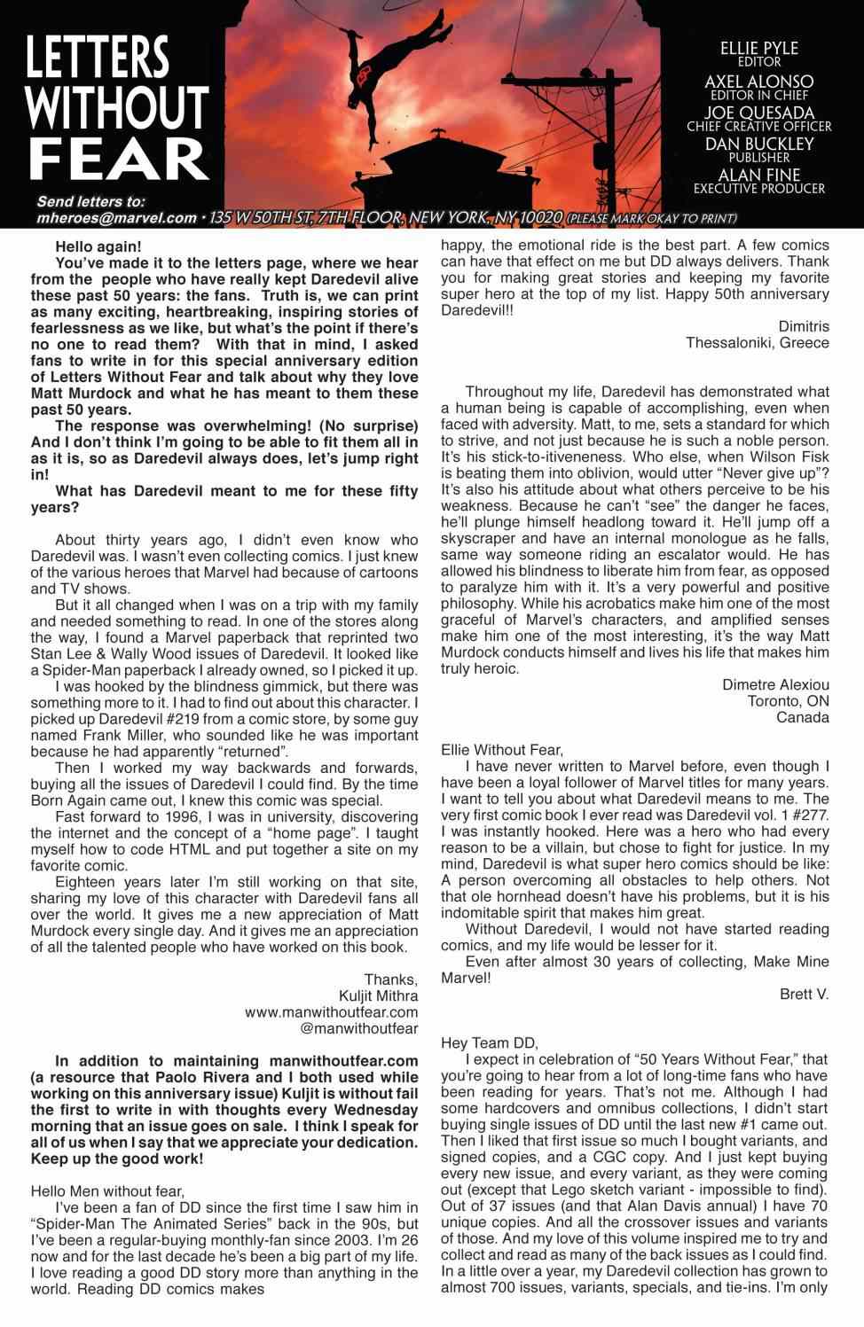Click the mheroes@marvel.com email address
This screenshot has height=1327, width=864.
pyautogui.click(x=116, y=218)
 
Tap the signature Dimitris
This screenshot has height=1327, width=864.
pyautogui.click(x=803, y=326)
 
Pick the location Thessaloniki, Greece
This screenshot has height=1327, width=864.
pyautogui.click(x=757, y=343)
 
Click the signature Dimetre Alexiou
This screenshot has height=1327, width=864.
pyautogui.click(x=775, y=684)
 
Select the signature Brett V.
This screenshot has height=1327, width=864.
pyautogui.click(x=804, y=994)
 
